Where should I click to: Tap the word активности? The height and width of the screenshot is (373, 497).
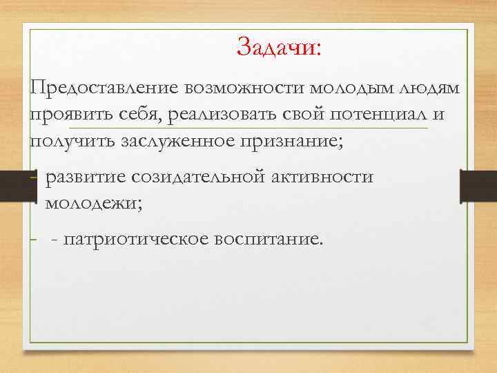324,177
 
